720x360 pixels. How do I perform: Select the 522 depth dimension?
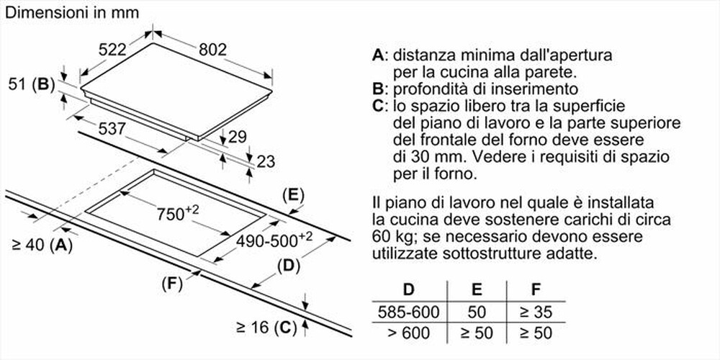pyautogui.click(x=112, y=50)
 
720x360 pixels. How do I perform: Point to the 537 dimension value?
pyautogui.click(x=112, y=130)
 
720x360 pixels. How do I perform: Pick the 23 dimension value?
pyautogui.click(x=266, y=161)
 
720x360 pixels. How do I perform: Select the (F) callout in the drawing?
pyautogui.click(x=171, y=284)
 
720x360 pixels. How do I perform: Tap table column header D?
pyautogui.click(x=408, y=291)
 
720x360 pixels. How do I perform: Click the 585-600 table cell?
pyautogui.click(x=408, y=312)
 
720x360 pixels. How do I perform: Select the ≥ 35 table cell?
pyautogui.click(x=535, y=312)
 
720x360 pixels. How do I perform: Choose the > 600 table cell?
pyautogui.click(x=408, y=333)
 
